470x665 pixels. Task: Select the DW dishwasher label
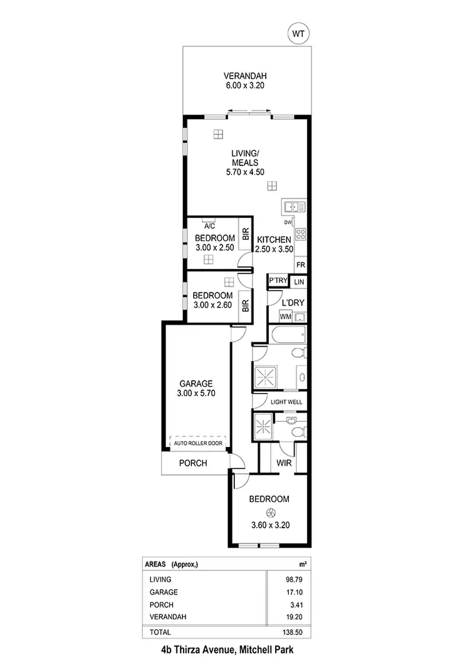(288, 223)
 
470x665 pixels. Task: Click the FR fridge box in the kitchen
(300, 264)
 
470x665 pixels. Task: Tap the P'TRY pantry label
(277, 282)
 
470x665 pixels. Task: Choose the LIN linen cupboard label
(300, 282)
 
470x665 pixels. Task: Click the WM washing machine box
(286, 317)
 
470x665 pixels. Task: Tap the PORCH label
(193, 463)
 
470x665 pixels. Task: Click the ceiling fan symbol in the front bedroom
(269, 512)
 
